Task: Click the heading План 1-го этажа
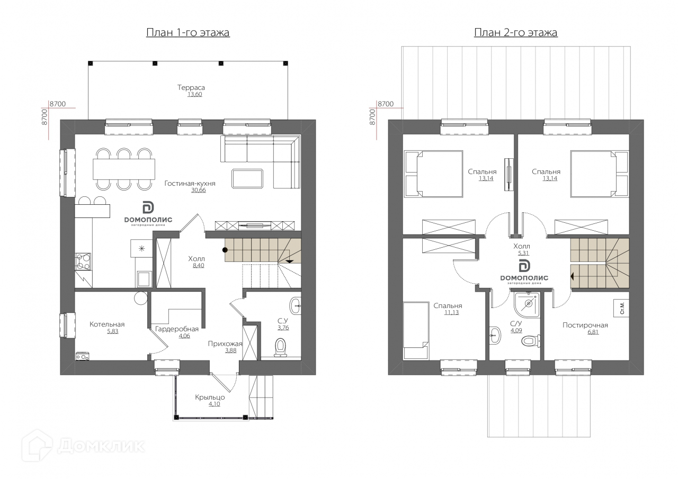click(188, 32)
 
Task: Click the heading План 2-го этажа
click(516, 32)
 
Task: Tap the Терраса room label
click(191, 87)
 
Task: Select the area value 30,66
click(198, 190)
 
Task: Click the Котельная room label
click(107, 324)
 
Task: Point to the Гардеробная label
click(177, 329)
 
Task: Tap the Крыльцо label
click(210, 397)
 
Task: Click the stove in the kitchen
click(83, 261)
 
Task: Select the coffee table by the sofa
click(247, 179)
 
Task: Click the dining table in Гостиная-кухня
click(124, 169)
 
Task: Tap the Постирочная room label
click(585, 325)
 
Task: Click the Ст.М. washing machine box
click(622, 308)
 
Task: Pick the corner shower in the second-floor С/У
click(527, 305)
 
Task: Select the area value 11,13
click(452, 312)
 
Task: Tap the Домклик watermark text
click(101, 446)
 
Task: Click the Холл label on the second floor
click(522, 246)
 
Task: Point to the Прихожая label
click(225, 344)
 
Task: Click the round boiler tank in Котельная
click(141, 298)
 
